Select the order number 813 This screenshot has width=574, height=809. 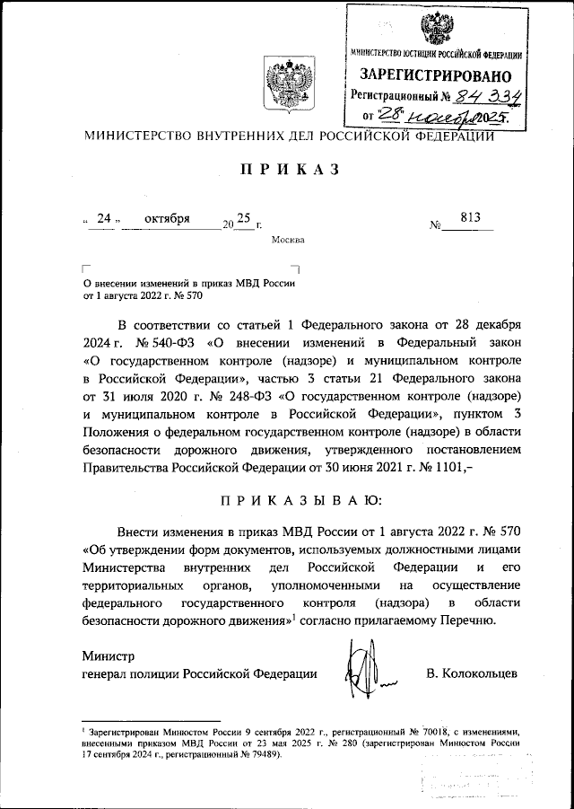coord(469,216)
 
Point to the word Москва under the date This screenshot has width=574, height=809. coord(287,240)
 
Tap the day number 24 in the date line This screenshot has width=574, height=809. coord(103,218)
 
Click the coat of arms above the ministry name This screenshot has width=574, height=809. coord(287,88)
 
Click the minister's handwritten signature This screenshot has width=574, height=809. coord(363,669)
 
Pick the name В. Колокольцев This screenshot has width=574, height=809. coord(472,673)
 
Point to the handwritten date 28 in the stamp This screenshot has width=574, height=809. coord(393,114)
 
